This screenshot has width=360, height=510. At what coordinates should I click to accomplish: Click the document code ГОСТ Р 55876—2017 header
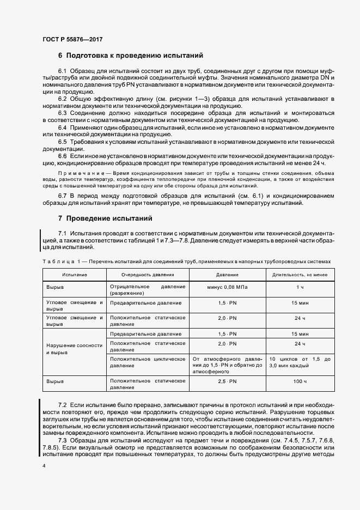coord(72,39)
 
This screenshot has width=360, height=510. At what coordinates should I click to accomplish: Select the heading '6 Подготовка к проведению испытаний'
coord(131,55)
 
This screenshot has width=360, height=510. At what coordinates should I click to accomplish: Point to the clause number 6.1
coord(62,72)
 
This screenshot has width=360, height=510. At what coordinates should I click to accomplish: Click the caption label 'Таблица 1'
coord(60,261)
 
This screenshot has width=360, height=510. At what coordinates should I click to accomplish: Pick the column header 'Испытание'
coord(74,275)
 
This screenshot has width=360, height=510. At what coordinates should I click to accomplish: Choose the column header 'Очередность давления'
coord(148,275)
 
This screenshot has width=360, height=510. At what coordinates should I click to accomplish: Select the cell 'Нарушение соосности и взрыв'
coord(74,349)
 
